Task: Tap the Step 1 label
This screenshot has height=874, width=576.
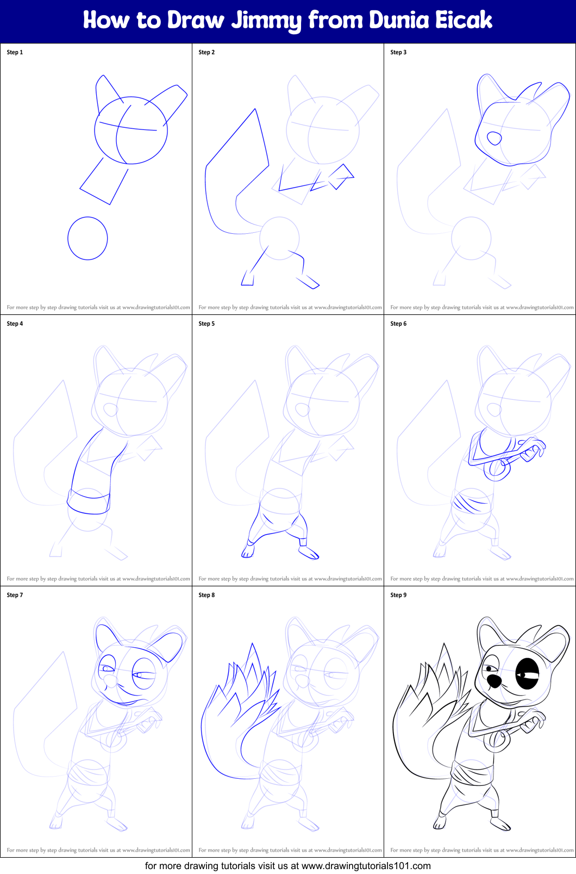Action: coord(15,52)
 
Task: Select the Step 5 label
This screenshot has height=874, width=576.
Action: coord(206,324)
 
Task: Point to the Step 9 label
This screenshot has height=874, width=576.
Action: coord(398,595)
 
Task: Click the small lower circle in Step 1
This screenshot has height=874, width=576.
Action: coord(87,238)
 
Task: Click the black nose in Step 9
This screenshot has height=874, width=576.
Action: coord(494,680)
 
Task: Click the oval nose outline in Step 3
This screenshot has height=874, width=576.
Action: coord(494,138)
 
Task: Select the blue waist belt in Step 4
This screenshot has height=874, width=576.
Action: coord(88,502)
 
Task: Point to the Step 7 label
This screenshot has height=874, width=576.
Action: coord(15,595)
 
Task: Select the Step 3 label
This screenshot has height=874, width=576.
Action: coord(398,52)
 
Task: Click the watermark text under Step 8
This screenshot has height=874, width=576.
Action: coord(290,850)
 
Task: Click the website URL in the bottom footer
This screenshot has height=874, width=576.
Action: coord(366,866)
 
